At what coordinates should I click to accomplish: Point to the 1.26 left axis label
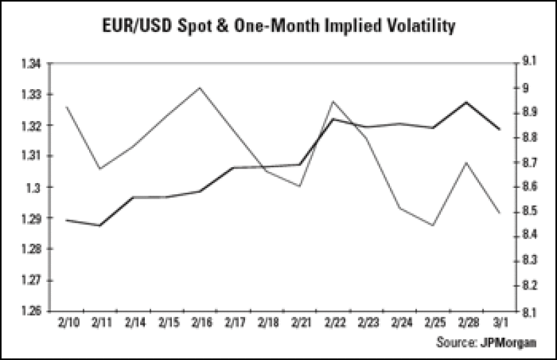tap(33, 311)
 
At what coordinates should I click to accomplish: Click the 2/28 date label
tap(468, 324)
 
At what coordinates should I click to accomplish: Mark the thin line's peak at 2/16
tap(200, 88)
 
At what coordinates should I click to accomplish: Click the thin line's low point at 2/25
tap(434, 226)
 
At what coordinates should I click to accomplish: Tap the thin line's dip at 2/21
tap(300, 187)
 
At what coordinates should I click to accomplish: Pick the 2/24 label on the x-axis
tap(400, 324)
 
